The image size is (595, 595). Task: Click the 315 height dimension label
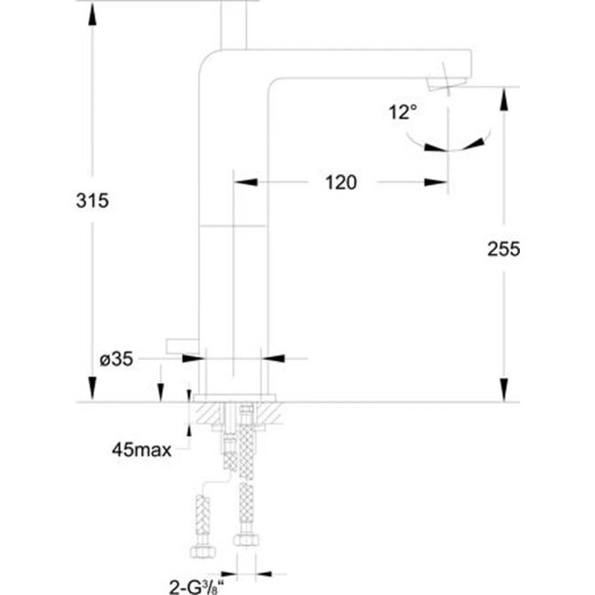93,201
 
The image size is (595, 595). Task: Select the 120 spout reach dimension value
340,182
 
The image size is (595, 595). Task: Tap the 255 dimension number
503,249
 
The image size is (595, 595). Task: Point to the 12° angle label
403,113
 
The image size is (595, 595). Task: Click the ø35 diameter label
116,359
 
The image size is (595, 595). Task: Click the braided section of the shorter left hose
202,513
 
